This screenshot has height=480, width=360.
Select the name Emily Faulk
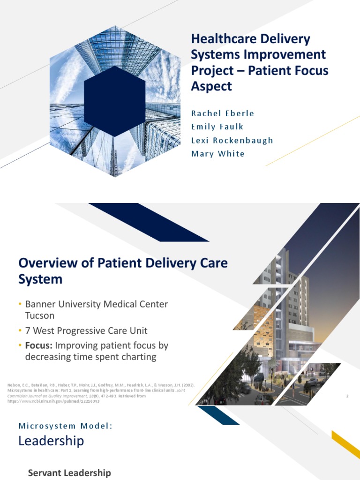[217, 127]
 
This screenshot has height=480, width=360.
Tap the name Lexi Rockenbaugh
[232, 140]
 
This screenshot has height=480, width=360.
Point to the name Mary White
[217, 154]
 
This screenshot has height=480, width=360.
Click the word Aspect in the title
[211, 86]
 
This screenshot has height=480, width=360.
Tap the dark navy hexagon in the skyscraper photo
[115, 98]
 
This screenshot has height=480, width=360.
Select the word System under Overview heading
[40, 279]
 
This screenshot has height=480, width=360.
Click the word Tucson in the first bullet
[40, 315]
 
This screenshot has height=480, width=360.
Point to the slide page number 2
[347, 397]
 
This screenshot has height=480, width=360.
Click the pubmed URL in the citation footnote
[56, 401]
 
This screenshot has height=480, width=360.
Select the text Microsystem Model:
[66, 426]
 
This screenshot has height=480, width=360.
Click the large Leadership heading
[51, 441]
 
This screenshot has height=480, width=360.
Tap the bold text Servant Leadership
[69, 473]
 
